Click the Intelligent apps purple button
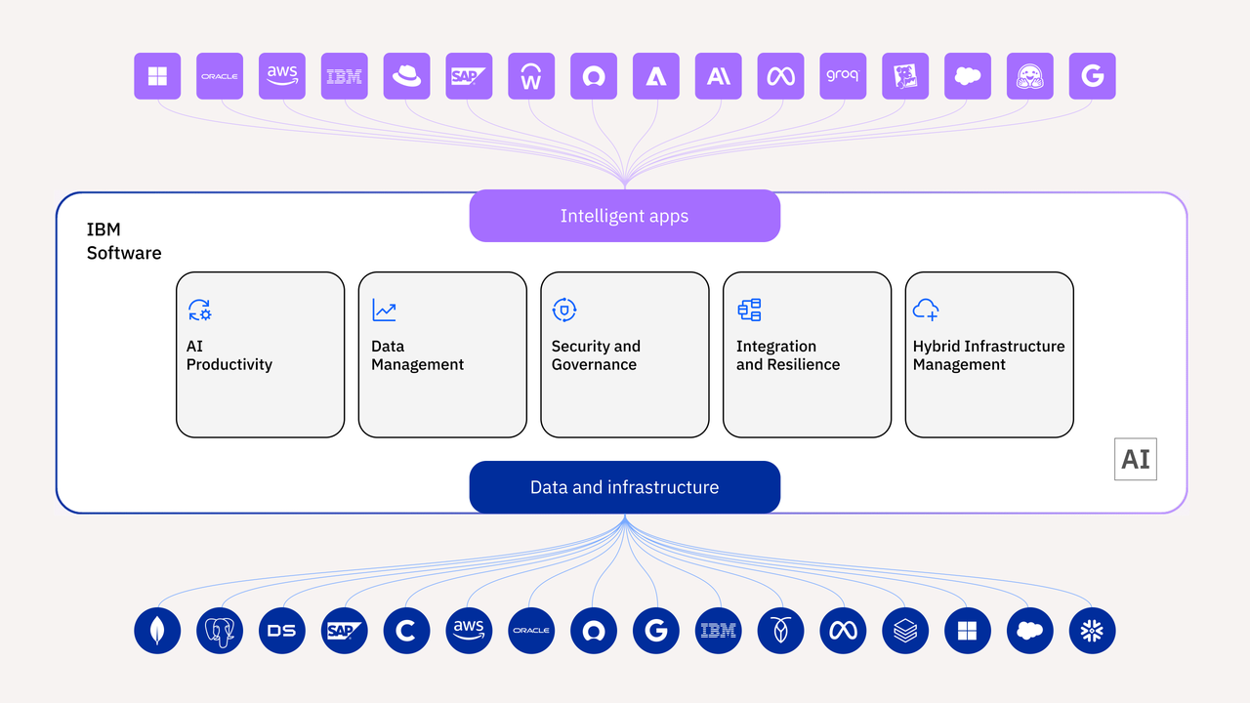pos(624,216)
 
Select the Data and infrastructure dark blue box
pos(624,487)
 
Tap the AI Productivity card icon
pos(200,310)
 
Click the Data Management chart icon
pos(384,310)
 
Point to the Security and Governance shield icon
pos(564,310)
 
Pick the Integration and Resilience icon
pos(749,310)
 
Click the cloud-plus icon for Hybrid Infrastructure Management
pos(925,310)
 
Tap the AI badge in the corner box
pos(1136,459)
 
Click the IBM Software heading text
pos(124,241)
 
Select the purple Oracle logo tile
pos(220,76)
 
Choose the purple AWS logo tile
pos(282,76)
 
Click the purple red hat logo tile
pos(407,76)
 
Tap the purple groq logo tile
pos(843,76)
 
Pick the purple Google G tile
pos(1092,76)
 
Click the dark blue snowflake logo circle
pos(1092,631)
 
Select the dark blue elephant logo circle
pos(220,631)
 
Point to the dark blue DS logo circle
pos(282,631)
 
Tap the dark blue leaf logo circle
pos(157,631)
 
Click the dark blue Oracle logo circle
pos(531,631)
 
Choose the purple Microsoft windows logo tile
pos(157,76)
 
